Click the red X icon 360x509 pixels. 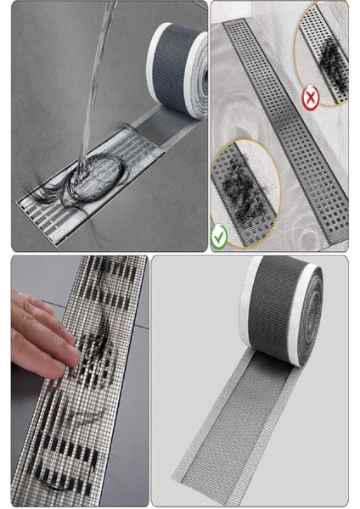[310, 99]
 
